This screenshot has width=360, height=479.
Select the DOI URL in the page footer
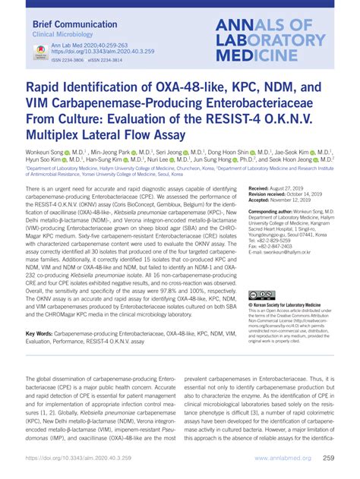click(x=76, y=460)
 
